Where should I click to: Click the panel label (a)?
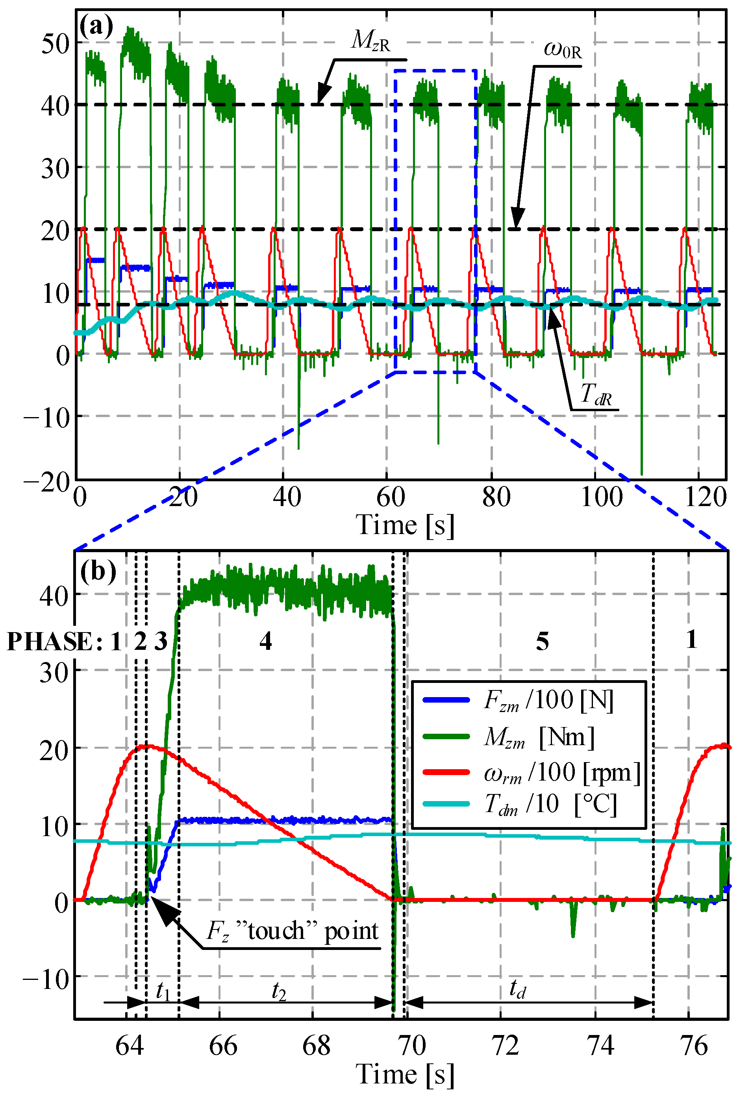(x=96, y=27)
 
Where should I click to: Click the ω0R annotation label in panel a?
(x=563, y=50)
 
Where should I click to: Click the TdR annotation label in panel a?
(x=596, y=394)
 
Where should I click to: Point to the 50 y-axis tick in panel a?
(x=55, y=44)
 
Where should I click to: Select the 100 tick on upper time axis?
(x=602, y=498)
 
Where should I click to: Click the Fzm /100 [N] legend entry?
(x=548, y=701)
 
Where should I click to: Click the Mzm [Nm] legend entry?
(x=539, y=737)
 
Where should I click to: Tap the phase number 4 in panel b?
(x=265, y=642)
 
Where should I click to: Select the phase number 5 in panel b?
(x=543, y=642)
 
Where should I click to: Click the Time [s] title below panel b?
(x=405, y=1074)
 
